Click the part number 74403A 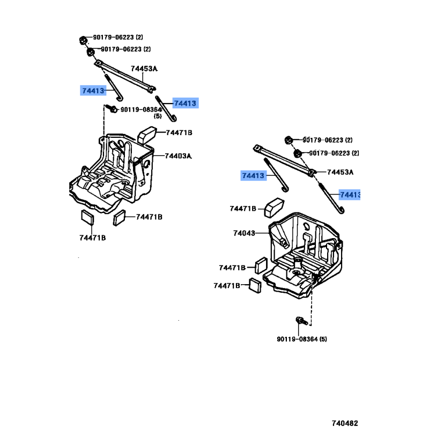(178, 156)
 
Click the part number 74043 (243, 233)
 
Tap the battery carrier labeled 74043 (306, 252)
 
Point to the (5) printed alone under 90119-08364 (158, 116)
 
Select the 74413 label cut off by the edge (350, 195)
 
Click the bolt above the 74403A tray (113, 109)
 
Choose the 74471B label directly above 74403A (179, 133)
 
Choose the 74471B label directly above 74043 (243, 209)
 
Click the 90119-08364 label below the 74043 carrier (302, 339)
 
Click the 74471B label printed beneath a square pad (92, 238)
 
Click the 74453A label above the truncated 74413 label (341, 172)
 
